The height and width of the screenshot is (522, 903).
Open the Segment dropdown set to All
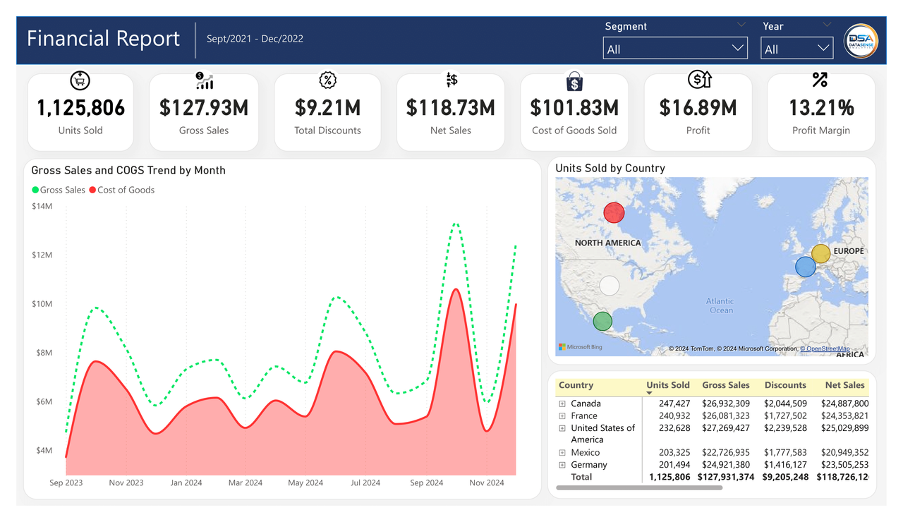click(x=674, y=49)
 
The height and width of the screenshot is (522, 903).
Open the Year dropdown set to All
click(x=796, y=49)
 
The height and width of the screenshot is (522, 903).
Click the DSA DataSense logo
click(x=861, y=42)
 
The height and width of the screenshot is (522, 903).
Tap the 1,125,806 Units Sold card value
click(x=80, y=108)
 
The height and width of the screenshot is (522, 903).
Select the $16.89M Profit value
click(x=698, y=108)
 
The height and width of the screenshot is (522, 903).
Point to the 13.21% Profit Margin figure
click(x=821, y=108)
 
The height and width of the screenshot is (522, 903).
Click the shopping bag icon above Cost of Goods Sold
click(x=574, y=81)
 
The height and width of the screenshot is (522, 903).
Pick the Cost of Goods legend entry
click(x=121, y=190)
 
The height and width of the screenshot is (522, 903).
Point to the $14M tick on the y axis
click(x=42, y=206)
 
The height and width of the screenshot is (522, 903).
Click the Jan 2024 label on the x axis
click(x=186, y=482)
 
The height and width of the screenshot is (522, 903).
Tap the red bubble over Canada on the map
click(x=614, y=212)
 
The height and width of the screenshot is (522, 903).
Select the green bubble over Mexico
click(x=602, y=322)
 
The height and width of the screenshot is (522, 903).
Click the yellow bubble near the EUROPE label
click(x=820, y=253)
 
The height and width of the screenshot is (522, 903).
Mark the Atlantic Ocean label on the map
click(x=721, y=305)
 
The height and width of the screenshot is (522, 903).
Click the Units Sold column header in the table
click(x=667, y=385)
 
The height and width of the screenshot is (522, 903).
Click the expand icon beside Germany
click(x=562, y=465)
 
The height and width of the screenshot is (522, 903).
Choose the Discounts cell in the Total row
click(x=784, y=477)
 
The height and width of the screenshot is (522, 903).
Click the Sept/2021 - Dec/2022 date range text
click(x=255, y=39)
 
